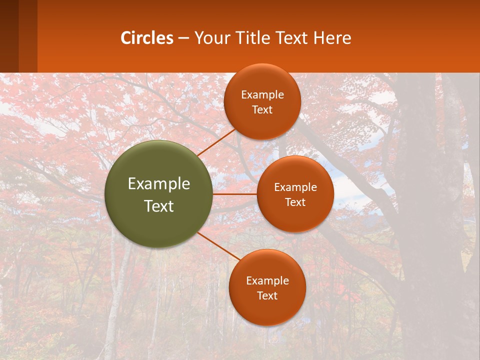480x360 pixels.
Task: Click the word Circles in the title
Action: coord(147,38)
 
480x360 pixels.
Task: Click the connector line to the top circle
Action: coord(216,142)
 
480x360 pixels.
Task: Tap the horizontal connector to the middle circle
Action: coord(235,194)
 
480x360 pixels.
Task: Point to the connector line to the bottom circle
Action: coord(218,246)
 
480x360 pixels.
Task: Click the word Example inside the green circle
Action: coord(159,184)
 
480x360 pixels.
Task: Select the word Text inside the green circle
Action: coord(159,206)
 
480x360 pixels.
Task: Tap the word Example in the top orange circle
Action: coord(262,95)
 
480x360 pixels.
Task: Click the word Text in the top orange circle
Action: coord(262,110)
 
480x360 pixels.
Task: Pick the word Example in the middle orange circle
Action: coord(295,187)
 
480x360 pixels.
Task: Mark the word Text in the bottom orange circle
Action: coord(267,296)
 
